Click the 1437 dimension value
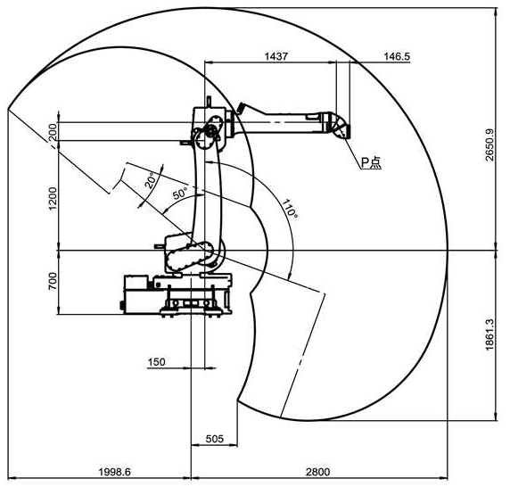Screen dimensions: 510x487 click(276, 56)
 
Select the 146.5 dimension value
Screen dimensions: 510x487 click(397, 56)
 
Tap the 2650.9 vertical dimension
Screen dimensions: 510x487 click(489, 145)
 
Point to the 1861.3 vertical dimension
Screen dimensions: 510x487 click(489, 334)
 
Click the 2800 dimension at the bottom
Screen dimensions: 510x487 click(317, 472)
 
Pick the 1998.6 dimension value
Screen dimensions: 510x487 click(114, 472)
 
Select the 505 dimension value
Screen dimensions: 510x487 click(215, 439)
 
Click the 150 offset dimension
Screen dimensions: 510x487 click(156, 362)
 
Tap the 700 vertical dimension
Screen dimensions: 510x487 click(53, 281)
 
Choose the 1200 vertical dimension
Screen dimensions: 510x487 click(53, 198)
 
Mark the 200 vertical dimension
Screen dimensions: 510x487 click(53, 132)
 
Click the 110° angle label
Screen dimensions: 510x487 click(289, 209)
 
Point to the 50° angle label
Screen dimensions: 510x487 click(180, 194)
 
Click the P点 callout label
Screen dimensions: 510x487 click(372, 162)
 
